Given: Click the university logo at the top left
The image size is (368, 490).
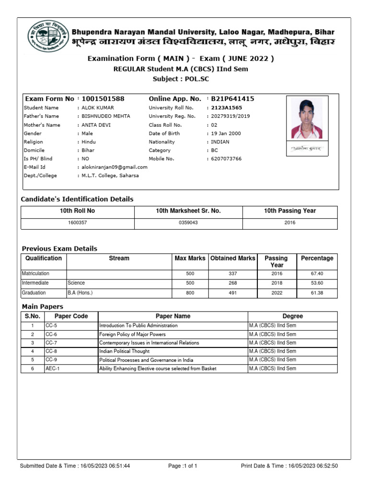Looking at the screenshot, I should click(x=47, y=37).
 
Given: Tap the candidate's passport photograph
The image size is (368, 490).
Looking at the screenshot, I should click(x=307, y=118).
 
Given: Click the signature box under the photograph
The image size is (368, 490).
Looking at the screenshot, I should click(x=307, y=149).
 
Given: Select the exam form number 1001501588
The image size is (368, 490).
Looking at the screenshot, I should click(x=103, y=99).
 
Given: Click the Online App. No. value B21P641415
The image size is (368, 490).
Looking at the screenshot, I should click(x=232, y=99).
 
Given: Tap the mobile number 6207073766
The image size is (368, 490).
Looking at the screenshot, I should click(x=226, y=159).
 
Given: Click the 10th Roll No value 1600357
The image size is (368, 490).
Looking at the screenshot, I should click(x=78, y=223).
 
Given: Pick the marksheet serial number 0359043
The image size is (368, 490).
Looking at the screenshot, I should click(x=188, y=223).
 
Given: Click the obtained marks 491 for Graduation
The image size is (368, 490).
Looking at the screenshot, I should click(x=233, y=293).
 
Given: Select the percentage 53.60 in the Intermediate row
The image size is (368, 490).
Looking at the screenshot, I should click(x=317, y=283).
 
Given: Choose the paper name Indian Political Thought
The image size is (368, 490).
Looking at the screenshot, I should click(x=124, y=352).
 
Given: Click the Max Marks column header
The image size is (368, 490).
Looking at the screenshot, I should click(x=190, y=258).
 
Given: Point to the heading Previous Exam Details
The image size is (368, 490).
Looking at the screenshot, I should click(x=59, y=249).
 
